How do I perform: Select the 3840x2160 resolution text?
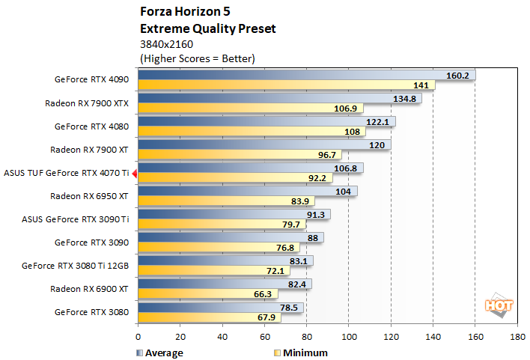tap(167, 44)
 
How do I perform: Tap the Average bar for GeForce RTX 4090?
tap(307, 75)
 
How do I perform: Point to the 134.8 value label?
tap(405, 98)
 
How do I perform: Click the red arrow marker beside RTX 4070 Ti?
tap(135, 174)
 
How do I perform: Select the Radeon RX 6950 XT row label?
tap(90, 196)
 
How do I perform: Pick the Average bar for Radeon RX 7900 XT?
tap(264, 144)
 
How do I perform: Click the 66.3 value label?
tap(264, 294)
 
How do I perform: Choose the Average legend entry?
tap(161, 353)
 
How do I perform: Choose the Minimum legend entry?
tap(302, 353)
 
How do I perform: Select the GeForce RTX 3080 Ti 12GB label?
tap(76, 265)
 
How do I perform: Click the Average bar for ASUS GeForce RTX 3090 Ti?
tap(234, 214)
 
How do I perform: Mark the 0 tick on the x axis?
tap(138, 338)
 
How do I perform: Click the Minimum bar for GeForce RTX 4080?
tap(252, 132)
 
